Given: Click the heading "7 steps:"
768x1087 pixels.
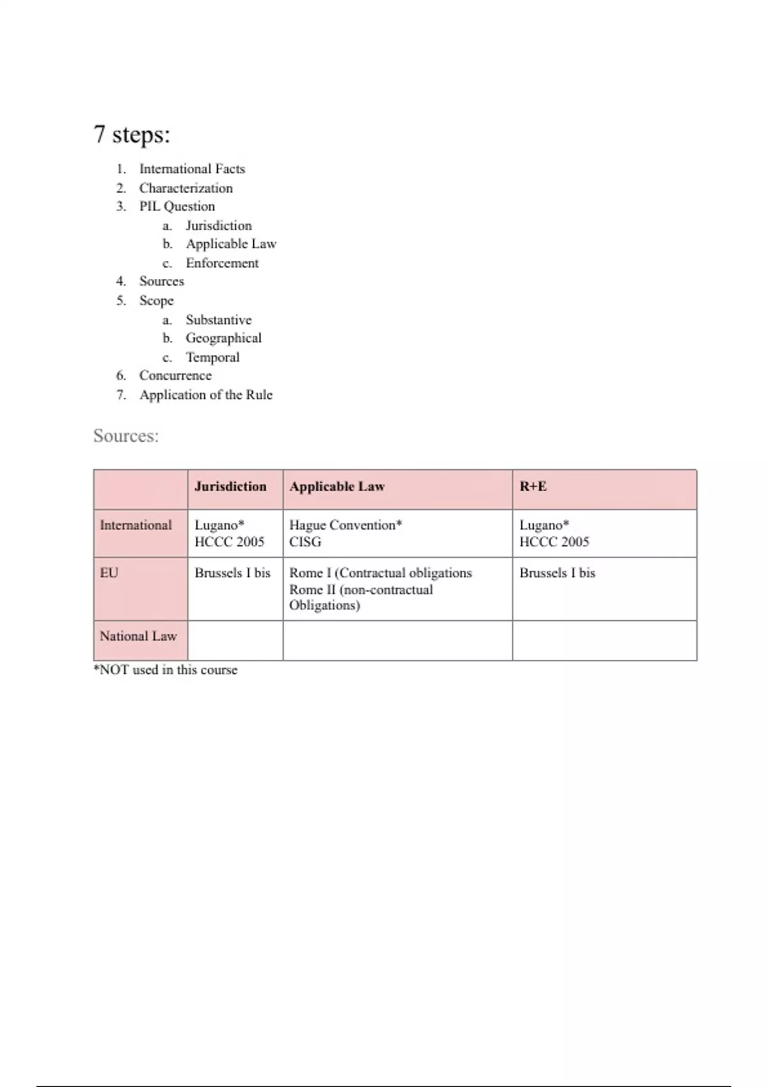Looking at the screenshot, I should [132, 134].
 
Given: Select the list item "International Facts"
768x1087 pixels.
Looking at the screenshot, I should [192, 169].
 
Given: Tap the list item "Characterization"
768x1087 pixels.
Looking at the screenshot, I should [186, 188].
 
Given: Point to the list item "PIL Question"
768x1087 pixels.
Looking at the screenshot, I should [177, 207].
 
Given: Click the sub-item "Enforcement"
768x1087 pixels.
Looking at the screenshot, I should [222, 263].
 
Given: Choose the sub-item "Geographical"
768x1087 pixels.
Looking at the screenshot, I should [223, 338].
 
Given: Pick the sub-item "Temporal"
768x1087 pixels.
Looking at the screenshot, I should [212, 357].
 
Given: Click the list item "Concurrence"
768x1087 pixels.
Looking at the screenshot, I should [175, 375].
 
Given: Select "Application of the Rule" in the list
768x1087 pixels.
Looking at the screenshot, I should [206, 395].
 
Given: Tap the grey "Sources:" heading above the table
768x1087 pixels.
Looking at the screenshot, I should [126, 436].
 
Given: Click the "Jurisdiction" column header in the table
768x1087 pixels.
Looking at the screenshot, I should [230, 487].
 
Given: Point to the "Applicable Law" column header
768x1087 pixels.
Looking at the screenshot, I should [337, 487].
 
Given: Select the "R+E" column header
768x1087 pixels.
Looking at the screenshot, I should [533, 487].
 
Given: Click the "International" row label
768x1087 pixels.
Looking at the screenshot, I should [136, 525].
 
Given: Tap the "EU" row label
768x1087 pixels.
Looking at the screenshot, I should [109, 573].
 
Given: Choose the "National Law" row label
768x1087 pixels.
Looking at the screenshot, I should [138, 636].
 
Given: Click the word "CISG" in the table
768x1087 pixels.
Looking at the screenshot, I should [305, 542].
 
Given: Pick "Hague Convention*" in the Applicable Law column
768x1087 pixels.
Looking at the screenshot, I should [346, 525].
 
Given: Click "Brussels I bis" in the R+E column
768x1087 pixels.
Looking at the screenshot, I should [557, 573].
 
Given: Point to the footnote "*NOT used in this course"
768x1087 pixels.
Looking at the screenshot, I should [166, 670].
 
